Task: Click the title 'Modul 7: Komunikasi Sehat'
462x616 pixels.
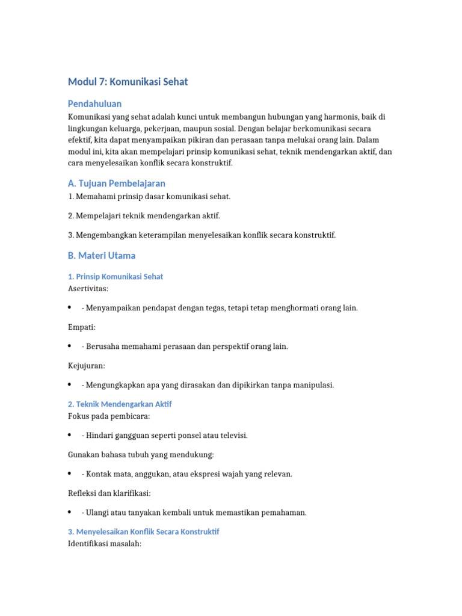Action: (x=128, y=81)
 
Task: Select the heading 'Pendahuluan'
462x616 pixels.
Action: (x=94, y=103)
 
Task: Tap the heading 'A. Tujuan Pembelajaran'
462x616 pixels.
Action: (x=117, y=183)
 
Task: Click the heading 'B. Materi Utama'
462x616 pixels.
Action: (x=102, y=256)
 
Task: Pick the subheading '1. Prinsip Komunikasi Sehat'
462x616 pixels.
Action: (x=115, y=277)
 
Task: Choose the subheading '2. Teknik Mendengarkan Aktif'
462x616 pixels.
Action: (x=120, y=404)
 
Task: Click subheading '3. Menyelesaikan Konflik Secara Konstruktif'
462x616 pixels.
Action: (x=144, y=532)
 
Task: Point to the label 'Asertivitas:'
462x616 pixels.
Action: (x=88, y=289)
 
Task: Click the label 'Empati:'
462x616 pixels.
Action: (x=82, y=327)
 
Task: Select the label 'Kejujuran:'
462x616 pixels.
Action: (x=86, y=366)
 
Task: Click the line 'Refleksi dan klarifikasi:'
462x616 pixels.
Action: (x=109, y=493)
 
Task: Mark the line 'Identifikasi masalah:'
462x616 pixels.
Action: (x=104, y=544)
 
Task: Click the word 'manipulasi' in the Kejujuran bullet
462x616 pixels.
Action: (x=313, y=385)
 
